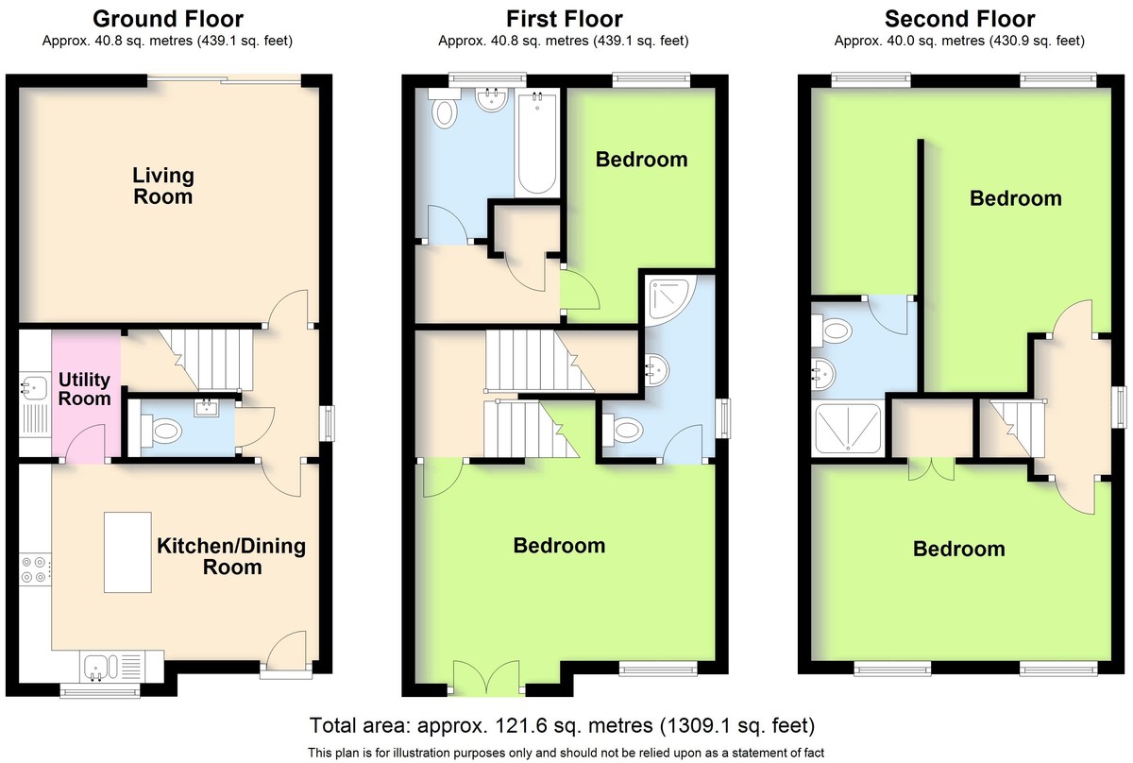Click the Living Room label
point(162,186)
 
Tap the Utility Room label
point(84,389)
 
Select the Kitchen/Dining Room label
point(231,556)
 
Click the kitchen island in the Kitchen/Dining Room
point(127,552)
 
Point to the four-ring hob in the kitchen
point(35,569)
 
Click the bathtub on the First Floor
point(537,144)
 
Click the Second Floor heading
point(959,19)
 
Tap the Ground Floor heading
point(168,19)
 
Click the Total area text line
point(562,725)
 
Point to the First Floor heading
point(564,19)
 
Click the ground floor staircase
point(207,359)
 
